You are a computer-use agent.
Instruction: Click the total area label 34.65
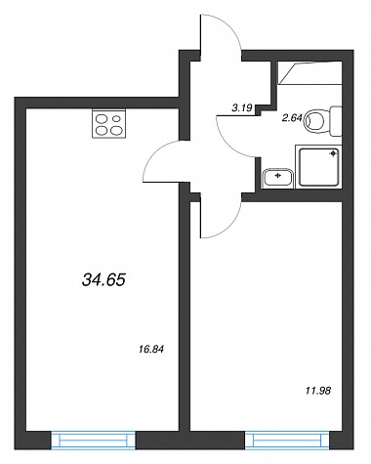[x=104, y=279]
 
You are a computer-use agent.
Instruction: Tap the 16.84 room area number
[x=150, y=350]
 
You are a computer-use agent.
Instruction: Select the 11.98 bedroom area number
[x=318, y=391]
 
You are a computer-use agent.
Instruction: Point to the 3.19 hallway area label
[x=242, y=108]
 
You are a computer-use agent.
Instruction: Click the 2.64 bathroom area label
[x=292, y=118]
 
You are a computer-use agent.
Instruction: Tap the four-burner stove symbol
[x=108, y=124]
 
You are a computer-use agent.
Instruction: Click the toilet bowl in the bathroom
[x=314, y=121]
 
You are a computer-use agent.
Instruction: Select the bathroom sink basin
[x=277, y=178]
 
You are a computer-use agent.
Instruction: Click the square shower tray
[x=319, y=167]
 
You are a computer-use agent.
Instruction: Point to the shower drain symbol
[x=333, y=153]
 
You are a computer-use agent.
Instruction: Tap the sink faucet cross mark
[x=278, y=176]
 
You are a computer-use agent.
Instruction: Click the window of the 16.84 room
[x=93, y=441]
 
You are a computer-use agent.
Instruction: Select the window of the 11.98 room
[x=287, y=441]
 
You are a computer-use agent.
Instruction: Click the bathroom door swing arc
[x=227, y=144]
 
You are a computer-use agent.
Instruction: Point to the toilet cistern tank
[x=336, y=121]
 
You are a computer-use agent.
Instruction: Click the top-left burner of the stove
[x=101, y=118]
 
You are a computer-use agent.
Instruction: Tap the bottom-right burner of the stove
[x=116, y=130]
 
